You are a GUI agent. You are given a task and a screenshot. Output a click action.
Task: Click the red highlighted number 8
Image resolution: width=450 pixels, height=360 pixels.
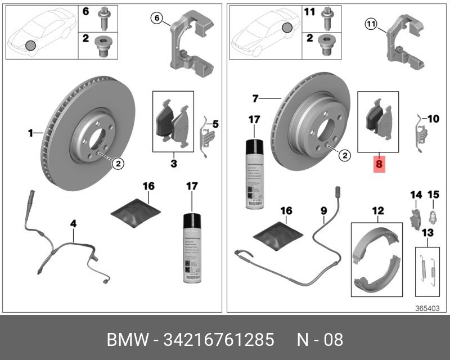(379, 165)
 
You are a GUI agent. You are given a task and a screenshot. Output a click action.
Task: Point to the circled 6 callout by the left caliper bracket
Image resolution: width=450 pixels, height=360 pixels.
(157, 19)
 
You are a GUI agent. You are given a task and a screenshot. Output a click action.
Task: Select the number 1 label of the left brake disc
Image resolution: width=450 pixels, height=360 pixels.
(31, 133)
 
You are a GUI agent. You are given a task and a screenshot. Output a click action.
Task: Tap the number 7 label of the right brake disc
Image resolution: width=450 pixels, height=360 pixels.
(255, 98)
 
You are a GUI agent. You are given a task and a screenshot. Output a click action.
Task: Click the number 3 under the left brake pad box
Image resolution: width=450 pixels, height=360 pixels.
(174, 164)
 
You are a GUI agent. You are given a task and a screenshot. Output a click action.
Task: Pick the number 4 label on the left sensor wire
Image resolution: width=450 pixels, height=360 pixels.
(73, 223)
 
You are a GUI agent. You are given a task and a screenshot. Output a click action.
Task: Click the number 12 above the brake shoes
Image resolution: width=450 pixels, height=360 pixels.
(377, 211)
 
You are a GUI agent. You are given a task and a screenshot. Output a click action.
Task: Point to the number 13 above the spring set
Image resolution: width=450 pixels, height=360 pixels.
(427, 233)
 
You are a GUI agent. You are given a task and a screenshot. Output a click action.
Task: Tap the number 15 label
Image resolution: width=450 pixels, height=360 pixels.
(433, 195)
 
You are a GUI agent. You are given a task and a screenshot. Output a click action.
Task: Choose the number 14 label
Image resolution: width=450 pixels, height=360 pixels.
(416, 195)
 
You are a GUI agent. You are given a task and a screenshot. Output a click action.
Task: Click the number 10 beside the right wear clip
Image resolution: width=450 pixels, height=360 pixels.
(433, 119)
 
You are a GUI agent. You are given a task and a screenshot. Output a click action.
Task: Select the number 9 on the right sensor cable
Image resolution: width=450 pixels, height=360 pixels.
(323, 211)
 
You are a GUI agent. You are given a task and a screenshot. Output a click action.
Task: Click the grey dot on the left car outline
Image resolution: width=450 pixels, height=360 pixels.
(30, 45)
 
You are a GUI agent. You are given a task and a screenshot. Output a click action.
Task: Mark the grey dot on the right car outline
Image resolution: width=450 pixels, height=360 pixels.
(287, 27)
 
